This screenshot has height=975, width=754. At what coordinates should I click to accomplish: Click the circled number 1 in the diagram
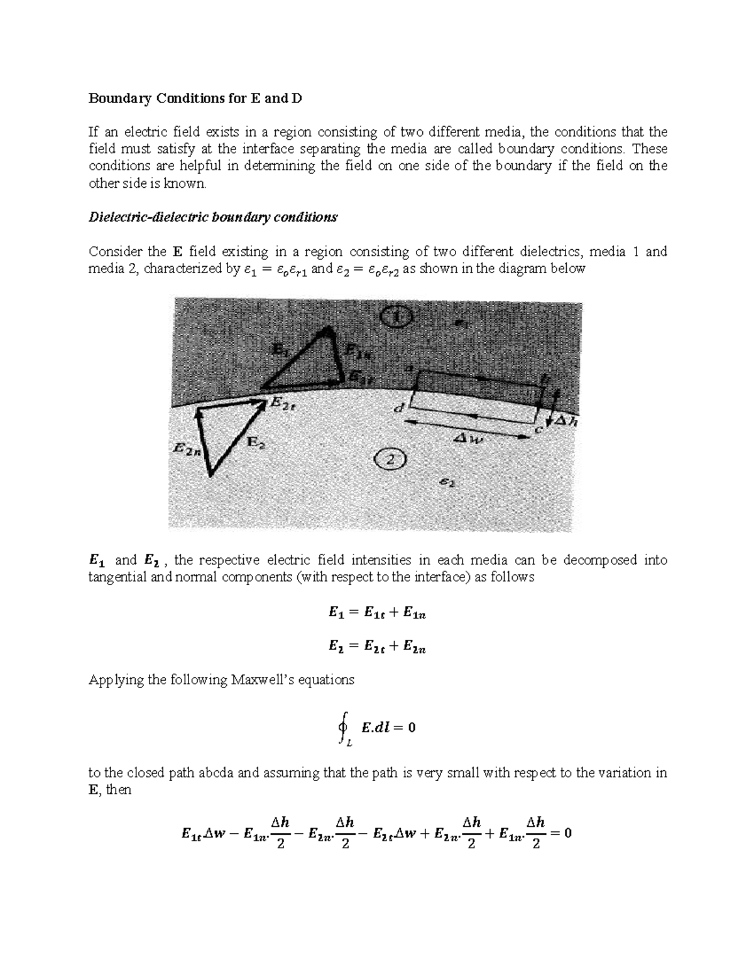pos(396,317)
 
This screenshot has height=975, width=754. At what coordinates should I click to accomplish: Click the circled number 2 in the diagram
pos(390,460)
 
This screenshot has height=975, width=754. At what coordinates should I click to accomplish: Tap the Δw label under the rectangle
pos(470,440)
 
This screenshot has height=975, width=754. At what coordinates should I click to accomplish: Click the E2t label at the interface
pos(283,405)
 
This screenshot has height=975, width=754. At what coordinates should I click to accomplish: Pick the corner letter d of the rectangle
pos(398,409)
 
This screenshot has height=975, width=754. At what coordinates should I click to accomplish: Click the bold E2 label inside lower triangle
pos(255,442)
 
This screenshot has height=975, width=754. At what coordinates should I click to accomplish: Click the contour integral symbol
pos(344,728)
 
